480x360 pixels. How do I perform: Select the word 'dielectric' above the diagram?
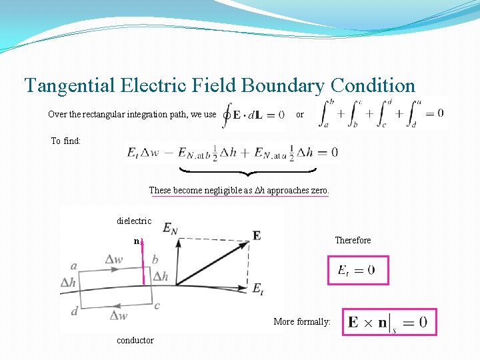click(x=134, y=221)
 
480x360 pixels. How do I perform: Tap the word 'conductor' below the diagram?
click(x=135, y=340)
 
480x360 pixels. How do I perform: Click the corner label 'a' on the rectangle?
click(x=73, y=265)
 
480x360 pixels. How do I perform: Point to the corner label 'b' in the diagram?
click(x=155, y=259)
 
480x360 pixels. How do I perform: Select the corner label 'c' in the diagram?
click(x=157, y=305)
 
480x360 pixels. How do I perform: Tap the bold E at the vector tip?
click(x=257, y=235)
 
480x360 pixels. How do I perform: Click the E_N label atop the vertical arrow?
click(x=170, y=228)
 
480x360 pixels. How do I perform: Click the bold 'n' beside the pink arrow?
click(x=136, y=241)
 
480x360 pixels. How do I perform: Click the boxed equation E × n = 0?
click(x=389, y=323)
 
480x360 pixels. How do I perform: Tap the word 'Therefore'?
click(x=353, y=240)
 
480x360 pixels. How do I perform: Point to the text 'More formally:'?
click(x=302, y=321)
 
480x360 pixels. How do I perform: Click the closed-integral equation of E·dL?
click(x=255, y=114)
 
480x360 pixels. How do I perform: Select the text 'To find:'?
click(x=66, y=141)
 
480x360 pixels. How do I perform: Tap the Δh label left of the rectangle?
click(x=68, y=282)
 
